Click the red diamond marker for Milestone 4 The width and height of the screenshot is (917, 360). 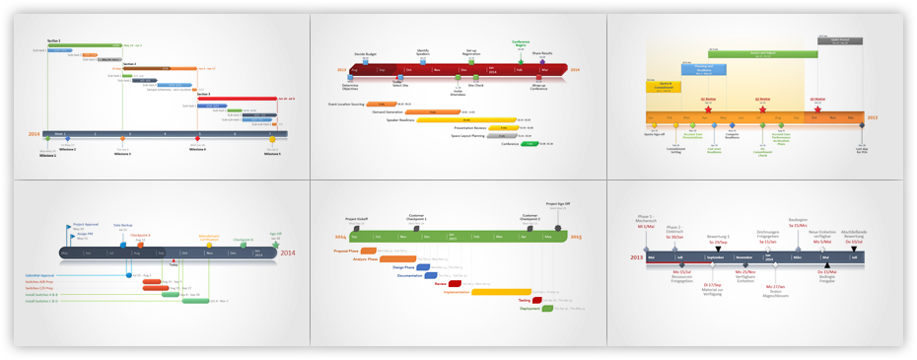pos(197,139)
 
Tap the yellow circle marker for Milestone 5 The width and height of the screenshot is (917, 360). pos(272,139)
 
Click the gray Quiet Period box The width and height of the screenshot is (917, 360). pos(840,41)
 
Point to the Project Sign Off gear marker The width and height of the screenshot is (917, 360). pos(559,228)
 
